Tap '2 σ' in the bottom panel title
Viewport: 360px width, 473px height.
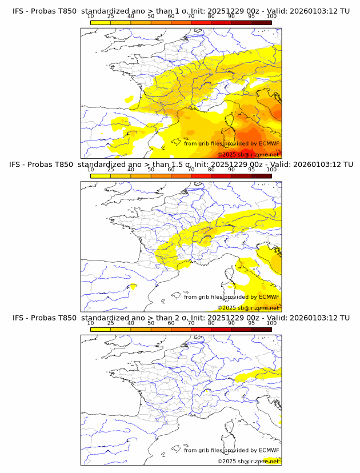(179, 318)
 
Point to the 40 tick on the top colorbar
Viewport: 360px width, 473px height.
(131, 17)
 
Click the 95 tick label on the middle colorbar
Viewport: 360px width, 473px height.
(251, 170)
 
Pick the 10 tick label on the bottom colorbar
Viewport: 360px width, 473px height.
(90, 323)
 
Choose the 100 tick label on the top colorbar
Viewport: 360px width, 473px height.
(271, 17)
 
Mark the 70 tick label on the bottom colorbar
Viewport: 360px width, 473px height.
(191, 323)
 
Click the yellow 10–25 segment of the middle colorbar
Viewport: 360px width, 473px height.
(101, 176)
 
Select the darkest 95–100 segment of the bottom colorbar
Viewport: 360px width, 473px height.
(261, 329)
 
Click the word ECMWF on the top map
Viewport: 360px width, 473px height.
(269, 143)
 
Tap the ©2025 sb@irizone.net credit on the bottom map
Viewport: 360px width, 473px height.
(248, 461)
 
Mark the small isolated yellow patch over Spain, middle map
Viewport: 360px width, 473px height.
(133, 286)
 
